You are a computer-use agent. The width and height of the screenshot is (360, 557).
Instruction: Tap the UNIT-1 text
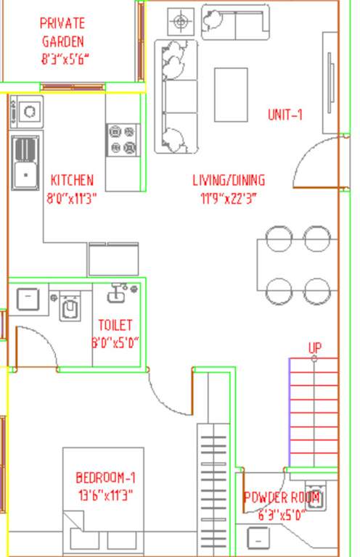[285, 115]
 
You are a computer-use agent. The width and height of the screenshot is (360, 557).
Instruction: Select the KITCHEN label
[72, 180]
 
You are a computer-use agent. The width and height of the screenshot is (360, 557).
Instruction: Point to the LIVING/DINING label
[229, 180]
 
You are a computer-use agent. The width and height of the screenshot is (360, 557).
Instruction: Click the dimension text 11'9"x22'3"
[229, 197]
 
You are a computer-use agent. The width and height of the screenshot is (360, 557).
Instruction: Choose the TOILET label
[115, 326]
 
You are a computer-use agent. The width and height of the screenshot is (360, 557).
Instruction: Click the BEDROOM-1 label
[105, 478]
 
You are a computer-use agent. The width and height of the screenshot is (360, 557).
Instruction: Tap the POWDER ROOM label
[281, 498]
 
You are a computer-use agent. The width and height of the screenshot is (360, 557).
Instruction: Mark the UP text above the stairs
[314, 349]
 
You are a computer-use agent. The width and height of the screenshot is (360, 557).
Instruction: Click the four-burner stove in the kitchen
[122, 140]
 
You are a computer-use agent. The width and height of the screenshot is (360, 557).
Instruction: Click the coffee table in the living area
[231, 94]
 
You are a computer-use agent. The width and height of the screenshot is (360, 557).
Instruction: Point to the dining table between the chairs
[297, 264]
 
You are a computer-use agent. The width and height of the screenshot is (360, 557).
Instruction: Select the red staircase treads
[314, 413]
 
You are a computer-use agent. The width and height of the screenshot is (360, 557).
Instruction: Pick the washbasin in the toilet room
[118, 294]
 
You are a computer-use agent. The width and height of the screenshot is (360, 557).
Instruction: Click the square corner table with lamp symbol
[180, 21]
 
